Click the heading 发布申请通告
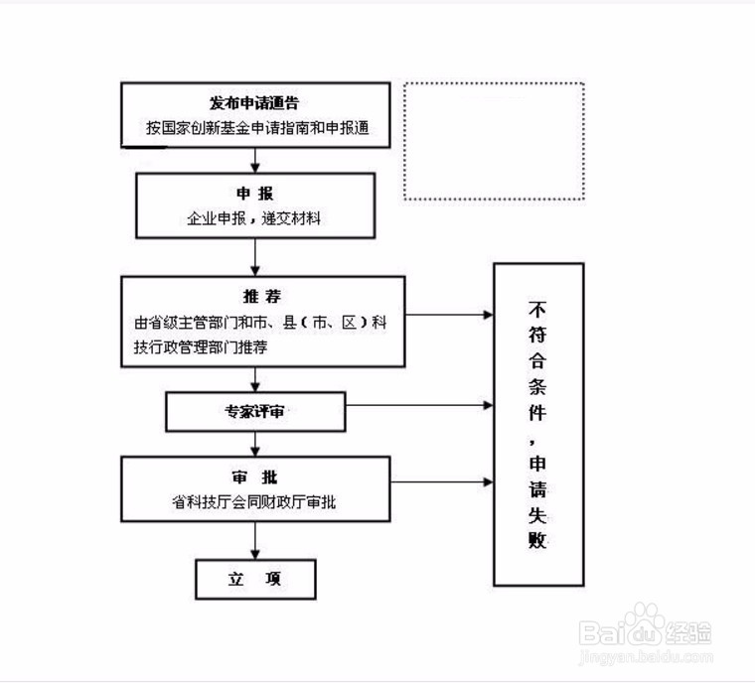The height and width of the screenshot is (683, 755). pos(255,103)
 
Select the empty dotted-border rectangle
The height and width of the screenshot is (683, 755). pos(494,142)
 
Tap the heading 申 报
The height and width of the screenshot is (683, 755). pos(255,194)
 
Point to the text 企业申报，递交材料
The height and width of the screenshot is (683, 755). pos(255,217)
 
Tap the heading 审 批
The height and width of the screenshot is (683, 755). pos(255,477)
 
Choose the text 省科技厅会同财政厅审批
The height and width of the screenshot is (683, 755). pos(254,502)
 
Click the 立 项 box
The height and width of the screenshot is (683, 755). pos(255,580)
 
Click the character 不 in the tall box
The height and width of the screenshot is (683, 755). pos(537,307)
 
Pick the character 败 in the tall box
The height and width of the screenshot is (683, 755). pos(537,541)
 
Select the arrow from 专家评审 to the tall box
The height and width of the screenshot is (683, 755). pos(417,405)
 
